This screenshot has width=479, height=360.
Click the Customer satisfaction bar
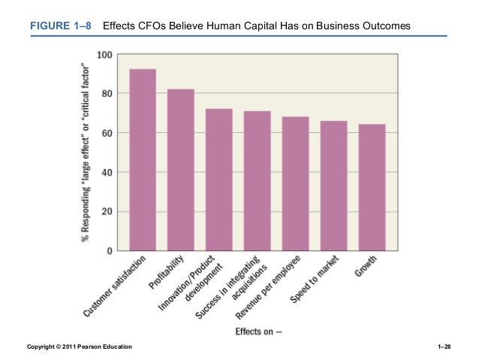click(x=143, y=159)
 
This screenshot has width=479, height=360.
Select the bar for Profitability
click(x=181, y=169)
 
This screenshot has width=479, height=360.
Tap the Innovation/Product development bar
click(x=219, y=179)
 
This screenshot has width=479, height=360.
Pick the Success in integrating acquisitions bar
click(x=258, y=180)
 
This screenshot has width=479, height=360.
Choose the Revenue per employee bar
click(x=296, y=183)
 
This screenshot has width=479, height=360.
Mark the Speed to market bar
click(x=333, y=185)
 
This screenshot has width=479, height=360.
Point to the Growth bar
click(x=372, y=186)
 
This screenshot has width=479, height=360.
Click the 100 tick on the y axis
click(x=104, y=55)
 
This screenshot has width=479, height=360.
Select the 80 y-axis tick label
click(x=107, y=94)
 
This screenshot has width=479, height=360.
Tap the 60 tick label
click(x=107, y=133)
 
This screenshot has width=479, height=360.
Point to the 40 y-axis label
click(x=107, y=172)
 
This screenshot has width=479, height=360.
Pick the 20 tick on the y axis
click(x=107, y=211)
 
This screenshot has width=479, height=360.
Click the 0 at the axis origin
click(x=110, y=250)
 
